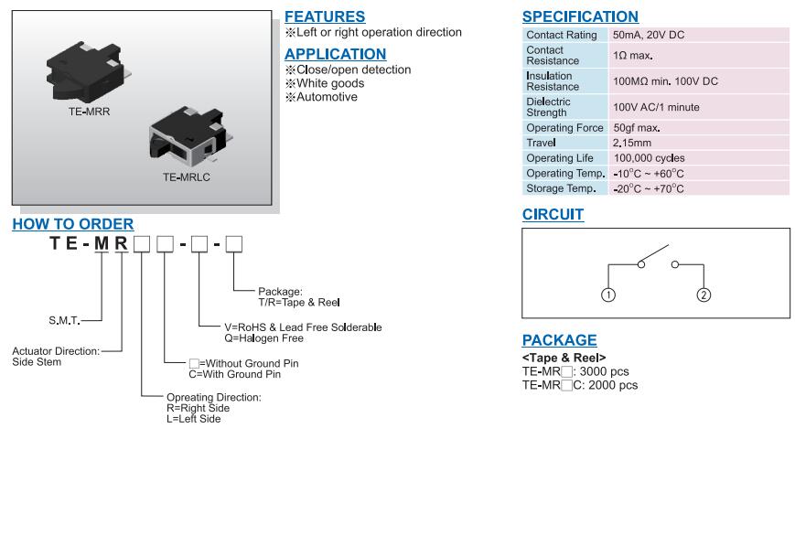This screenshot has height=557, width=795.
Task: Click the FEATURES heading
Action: tap(325, 16)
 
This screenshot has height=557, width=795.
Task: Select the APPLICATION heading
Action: tap(335, 54)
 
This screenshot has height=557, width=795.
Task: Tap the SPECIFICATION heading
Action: tap(580, 16)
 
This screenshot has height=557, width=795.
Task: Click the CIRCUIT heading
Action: tap(553, 215)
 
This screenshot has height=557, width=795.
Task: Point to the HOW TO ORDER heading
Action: tap(72, 224)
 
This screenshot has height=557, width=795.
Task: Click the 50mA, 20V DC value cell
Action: tap(649, 35)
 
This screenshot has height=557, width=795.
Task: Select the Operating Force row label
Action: tap(564, 128)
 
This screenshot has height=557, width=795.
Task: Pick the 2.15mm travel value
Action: tap(632, 144)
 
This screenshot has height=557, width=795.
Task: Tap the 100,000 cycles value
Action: tap(649, 158)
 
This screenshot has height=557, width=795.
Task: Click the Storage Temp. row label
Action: tap(561, 188)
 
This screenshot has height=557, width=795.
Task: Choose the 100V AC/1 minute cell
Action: tap(656, 107)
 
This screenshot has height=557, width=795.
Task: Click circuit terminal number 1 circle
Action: tap(608, 295)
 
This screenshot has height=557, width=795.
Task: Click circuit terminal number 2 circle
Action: tap(704, 295)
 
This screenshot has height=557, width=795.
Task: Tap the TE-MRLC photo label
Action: tap(186, 177)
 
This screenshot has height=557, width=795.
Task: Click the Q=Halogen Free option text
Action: tap(263, 338)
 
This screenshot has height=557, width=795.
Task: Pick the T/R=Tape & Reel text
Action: tap(299, 303)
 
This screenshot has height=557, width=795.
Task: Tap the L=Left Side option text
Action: tap(193, 419)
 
